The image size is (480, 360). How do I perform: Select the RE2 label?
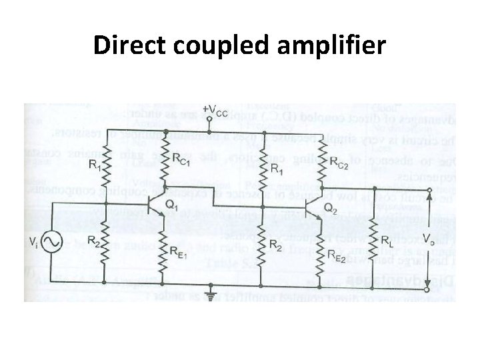tap(337, 254)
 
